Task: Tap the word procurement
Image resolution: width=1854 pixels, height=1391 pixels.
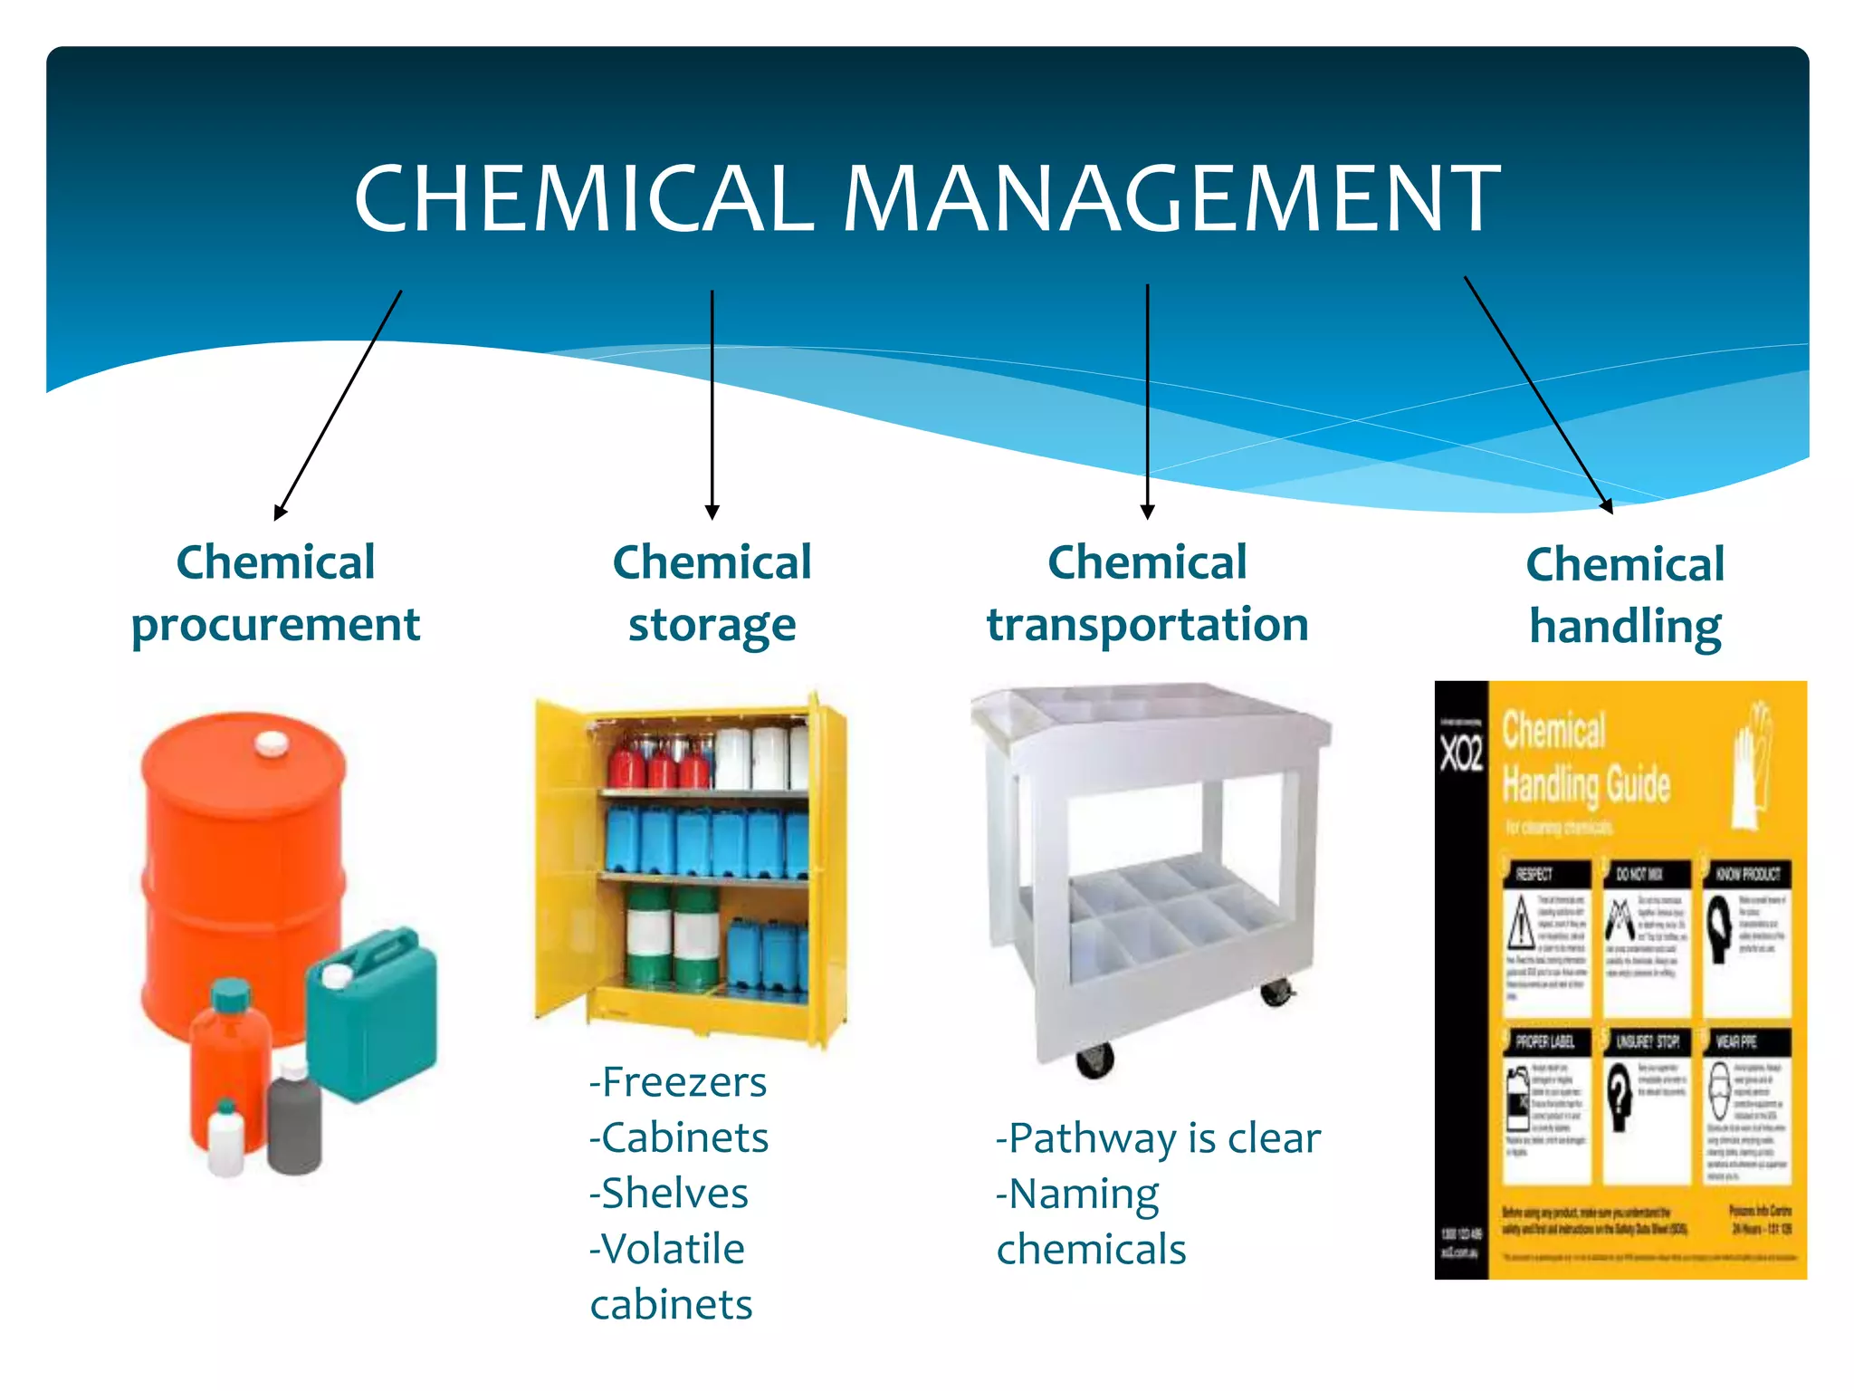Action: coord(275,625)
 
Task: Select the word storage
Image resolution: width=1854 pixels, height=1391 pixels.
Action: coord(712,625)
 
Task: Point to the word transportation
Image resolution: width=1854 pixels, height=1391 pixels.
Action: coord(1147,625)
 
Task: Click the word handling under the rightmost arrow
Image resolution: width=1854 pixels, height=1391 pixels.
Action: coord(1625,627)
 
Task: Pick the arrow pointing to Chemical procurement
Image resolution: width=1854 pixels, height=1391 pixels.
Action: coord(338,405)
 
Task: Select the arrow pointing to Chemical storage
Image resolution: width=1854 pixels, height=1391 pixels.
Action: coord(712,404)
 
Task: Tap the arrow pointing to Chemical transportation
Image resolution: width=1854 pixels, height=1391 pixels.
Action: coord(1147,401)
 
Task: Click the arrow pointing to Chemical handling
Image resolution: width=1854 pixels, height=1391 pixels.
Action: coord(1538,395)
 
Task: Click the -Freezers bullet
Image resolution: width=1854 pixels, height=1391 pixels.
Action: coord(678,1082)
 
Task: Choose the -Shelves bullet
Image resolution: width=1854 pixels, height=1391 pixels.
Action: coord(669,1194)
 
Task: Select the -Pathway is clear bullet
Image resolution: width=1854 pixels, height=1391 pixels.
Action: coord(1158,1138)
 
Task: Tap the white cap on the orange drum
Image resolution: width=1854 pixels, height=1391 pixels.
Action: coord(271,744)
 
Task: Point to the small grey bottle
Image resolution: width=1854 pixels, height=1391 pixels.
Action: coord(294,1123)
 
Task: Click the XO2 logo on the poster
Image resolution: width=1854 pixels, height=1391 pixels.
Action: coord(1461,753)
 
